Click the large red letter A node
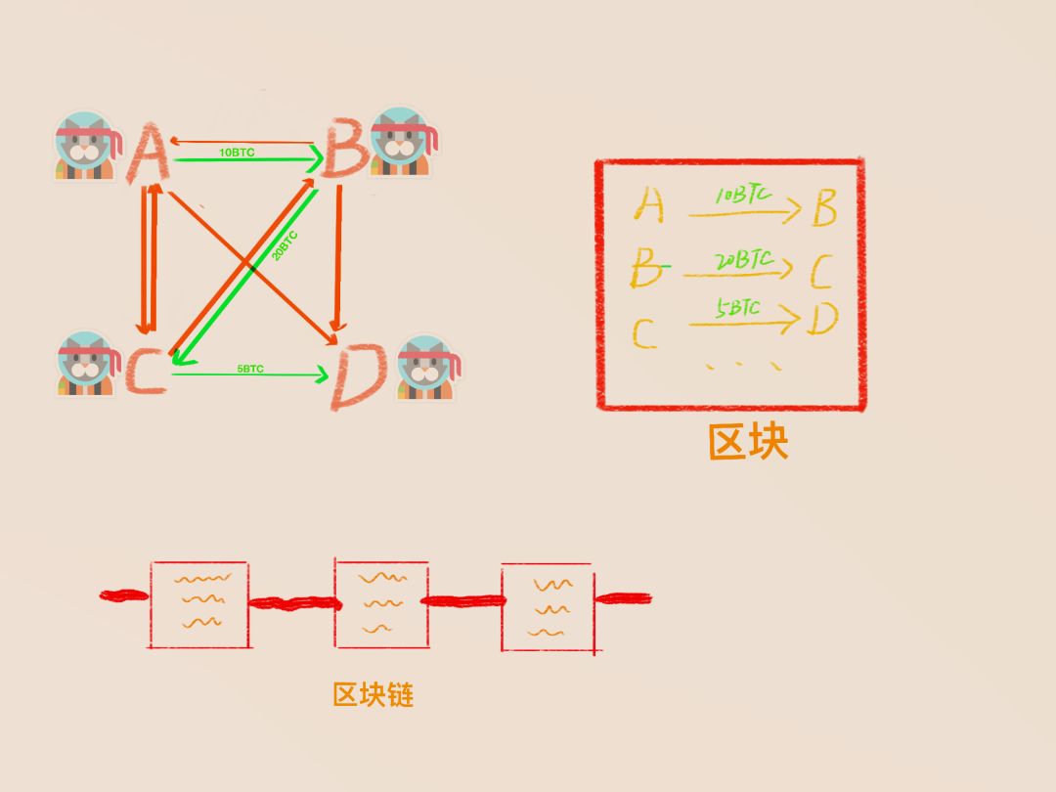tap(149, 154)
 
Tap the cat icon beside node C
tap(86, 364)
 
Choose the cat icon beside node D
tap(427, 369)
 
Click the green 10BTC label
tap(237, 153)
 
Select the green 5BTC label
tap(250, 369)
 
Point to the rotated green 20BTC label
tap(285, 245)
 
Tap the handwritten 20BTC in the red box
tap(742, 261)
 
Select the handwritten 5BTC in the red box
tap(737, 309)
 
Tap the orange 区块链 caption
tap(374, 695)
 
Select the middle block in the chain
tap(381, 603)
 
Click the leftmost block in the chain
tap(198, 603)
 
